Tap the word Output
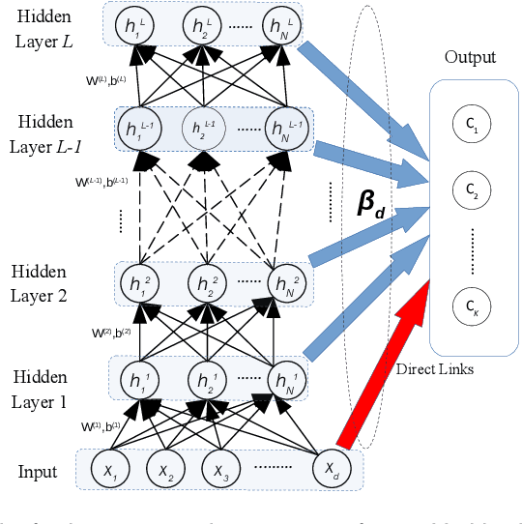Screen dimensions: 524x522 tap(470, 57)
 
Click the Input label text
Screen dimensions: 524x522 tap(38, 472)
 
